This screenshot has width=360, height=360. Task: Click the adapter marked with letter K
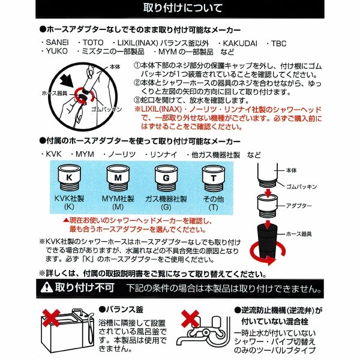click(x=69, y=178)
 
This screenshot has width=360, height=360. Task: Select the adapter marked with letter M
click(x=118, y=178)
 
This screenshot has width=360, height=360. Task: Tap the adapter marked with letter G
click(x=166, y=178)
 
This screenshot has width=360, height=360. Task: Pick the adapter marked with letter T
click(x=214, y=178)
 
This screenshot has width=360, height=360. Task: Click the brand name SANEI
click(x=57, y=43)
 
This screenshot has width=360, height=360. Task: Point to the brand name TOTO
click(x=93, y=43)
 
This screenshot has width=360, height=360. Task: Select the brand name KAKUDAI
click(x=240, y=43)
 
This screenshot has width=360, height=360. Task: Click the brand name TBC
click(x=279, y=43)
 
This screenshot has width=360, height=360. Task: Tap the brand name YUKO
click(x=57, y=51)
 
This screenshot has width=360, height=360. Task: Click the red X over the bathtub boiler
click(x=51, y=318)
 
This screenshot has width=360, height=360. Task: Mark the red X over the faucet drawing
click(x=190, y=319)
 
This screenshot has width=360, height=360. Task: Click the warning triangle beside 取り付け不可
click(x=47, y=287)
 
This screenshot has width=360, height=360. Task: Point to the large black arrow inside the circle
click(x=67, y=82)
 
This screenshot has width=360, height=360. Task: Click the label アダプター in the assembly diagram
click(x=299, y=206)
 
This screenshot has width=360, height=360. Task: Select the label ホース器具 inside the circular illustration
click(x=55, y=93)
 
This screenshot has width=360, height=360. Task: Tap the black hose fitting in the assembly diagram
click(x=268, y=241)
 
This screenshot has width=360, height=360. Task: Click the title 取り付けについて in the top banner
click(x=183, y=8)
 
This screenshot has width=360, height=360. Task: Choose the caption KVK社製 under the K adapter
click(x=69, y=199)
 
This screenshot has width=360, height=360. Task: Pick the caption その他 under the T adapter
click(x=214, y=199)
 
